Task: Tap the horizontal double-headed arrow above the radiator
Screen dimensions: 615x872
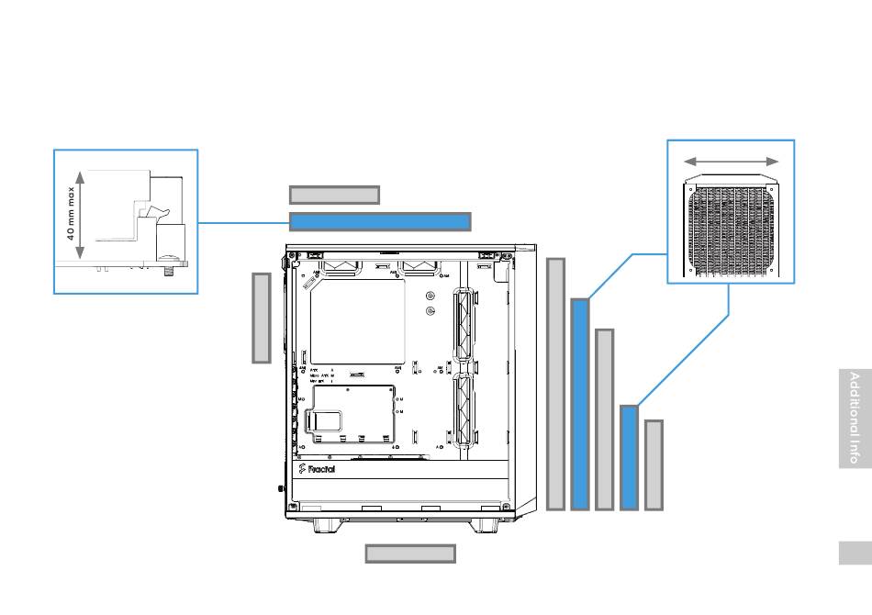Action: [732, 161]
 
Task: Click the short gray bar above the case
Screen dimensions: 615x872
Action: [334, 195]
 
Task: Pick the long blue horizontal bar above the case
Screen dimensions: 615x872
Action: [380, 221]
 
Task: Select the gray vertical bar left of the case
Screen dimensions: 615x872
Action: [262, 317]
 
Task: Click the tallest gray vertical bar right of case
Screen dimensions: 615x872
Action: [555, 384]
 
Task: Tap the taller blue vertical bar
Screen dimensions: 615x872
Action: [579, 403]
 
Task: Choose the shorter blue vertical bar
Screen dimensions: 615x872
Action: [629, 456]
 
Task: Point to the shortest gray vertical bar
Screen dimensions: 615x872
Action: [654, 464]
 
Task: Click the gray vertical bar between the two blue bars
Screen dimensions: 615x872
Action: [604, 419]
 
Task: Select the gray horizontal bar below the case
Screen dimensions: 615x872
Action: [410, 553]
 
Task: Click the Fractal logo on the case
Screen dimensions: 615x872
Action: [318, 470]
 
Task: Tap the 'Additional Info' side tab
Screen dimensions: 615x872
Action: [855, 419]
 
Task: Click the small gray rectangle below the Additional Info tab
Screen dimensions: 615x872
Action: [855, 553]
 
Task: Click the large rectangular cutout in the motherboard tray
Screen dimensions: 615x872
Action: [357, 321]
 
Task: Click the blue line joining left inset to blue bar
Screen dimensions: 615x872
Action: [243, 222]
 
